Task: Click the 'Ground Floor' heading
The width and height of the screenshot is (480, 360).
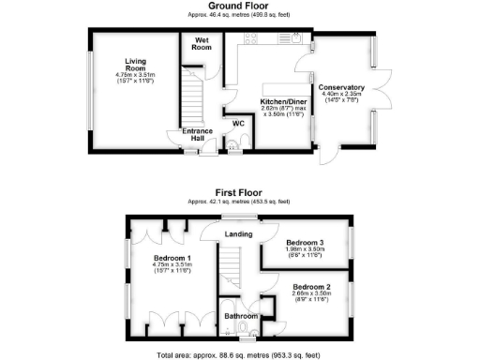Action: tap(239, 6)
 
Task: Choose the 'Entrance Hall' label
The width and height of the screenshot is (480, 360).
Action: tap(196, 134)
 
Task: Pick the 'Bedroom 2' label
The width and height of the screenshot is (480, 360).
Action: tap(311, 287)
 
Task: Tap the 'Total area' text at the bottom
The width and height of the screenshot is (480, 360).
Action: tap(239, 354)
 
